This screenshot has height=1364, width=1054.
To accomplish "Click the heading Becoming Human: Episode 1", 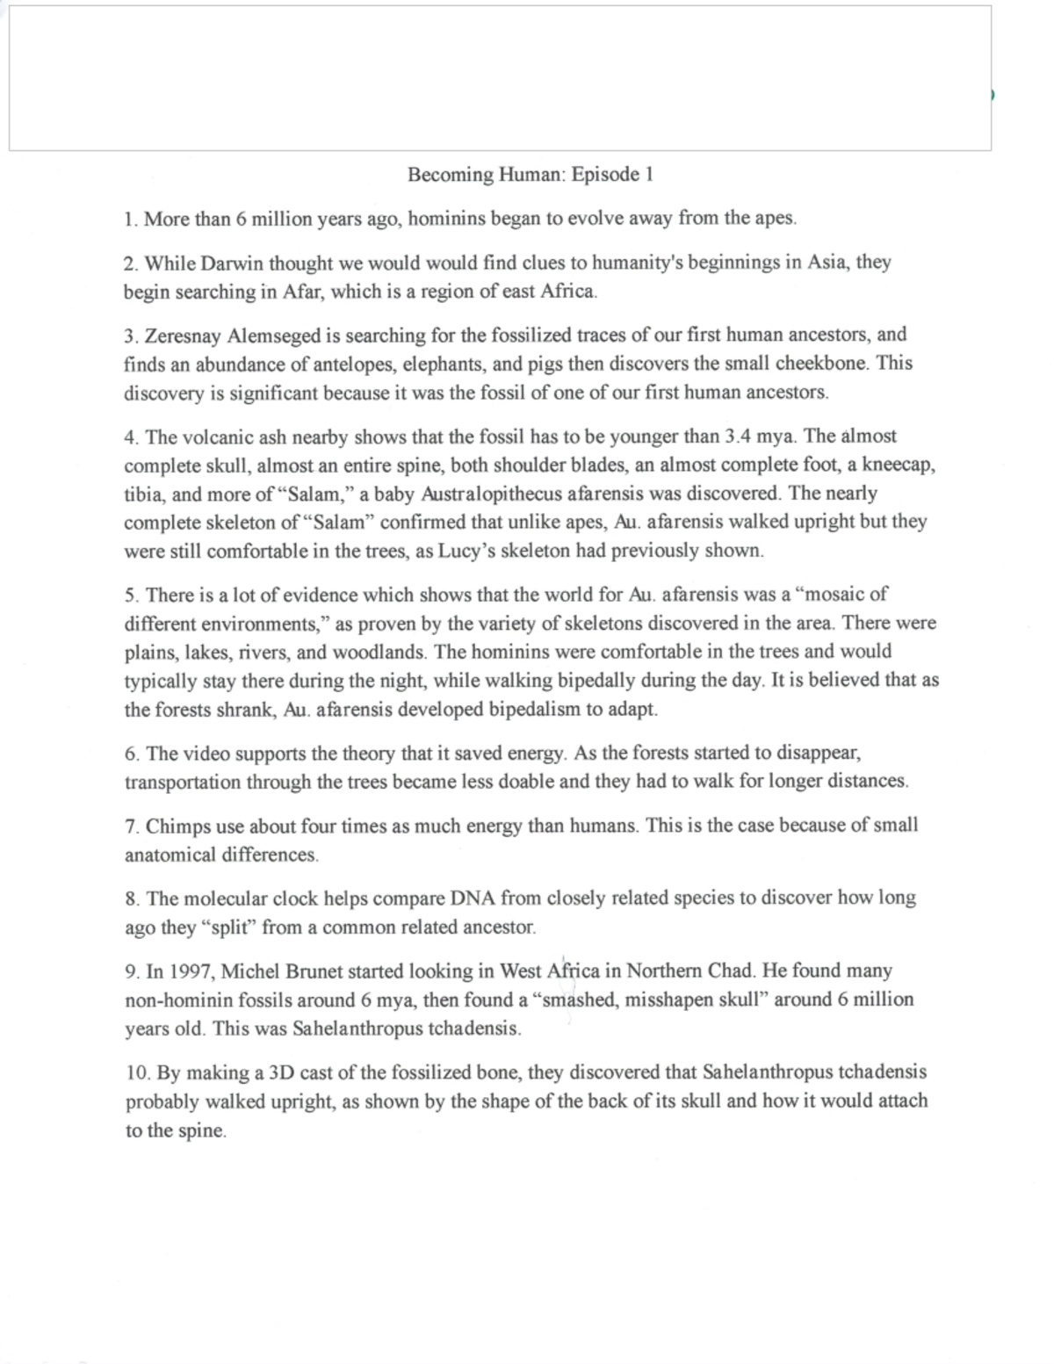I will click(530, 175).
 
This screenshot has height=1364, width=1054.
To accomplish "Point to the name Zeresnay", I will click(184, 335).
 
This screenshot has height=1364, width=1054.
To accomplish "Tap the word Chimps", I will click(173, 826).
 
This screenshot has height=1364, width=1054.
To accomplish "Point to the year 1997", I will click(189, 971).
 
